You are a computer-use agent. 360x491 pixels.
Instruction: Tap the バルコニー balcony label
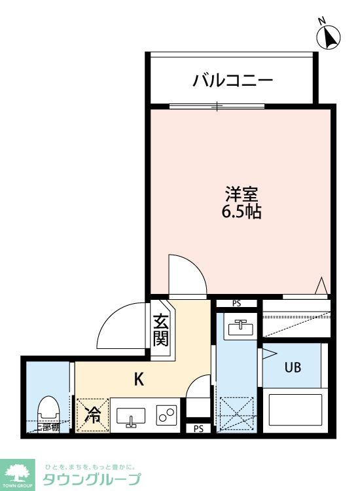click(x=232, y=81)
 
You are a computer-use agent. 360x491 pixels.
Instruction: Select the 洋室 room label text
click(x=242, y=194)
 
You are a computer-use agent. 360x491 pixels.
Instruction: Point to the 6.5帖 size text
click(x=242, y=212)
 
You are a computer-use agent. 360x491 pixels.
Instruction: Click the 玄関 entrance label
click(x=162, y=330)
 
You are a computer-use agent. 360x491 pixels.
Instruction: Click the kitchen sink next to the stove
click(x=131, y=416)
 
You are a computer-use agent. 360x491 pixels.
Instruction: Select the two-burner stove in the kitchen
click(x=166, y=415)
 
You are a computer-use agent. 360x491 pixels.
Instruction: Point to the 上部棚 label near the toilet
click(x=47, y=427)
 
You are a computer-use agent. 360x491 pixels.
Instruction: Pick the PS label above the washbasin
click(x=236, y=304)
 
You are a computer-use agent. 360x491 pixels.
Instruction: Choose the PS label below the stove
click(x=198, y=429)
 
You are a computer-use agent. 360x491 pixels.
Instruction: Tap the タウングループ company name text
click(x=91, y=480)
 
